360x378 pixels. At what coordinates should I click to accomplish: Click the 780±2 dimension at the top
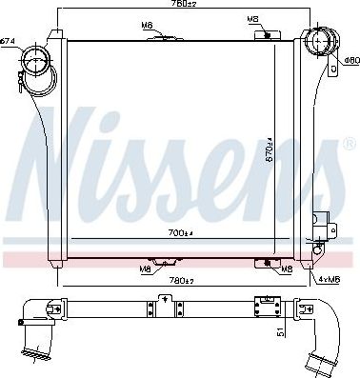(184, 6)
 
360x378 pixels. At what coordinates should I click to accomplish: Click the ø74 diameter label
(9, 40)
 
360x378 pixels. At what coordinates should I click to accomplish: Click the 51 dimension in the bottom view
(279, 332)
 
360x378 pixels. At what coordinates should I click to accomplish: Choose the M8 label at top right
(252, 18)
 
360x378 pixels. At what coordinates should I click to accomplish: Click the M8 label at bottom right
(287, 269)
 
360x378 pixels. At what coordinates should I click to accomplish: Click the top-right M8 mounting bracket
(264, 35)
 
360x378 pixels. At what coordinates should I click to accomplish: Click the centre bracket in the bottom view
(168, 305)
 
